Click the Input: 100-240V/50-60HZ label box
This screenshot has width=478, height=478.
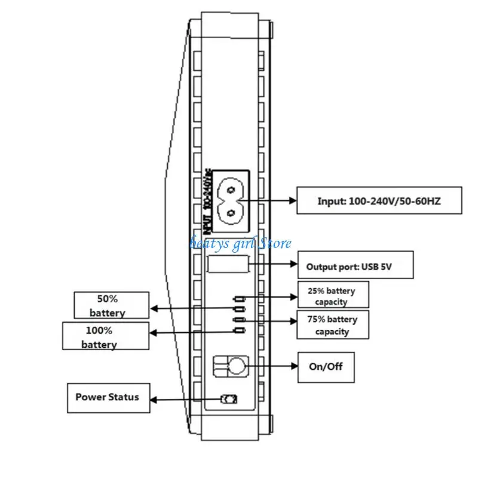[379, 201]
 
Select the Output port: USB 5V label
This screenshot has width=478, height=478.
[356, 265]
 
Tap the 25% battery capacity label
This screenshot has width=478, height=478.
[333, 295]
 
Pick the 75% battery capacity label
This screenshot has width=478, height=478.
[333, 325]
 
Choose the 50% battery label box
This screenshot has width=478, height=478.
[112, 305]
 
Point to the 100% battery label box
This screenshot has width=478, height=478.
[106, 336]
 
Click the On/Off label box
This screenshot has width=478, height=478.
[326, 367]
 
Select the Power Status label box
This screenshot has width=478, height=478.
[109, 398]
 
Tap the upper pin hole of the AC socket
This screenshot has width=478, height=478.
[231, 191]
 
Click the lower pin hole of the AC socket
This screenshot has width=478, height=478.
[231, 213]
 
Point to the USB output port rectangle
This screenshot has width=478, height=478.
[228, 264]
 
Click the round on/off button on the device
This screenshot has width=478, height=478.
[237, 366]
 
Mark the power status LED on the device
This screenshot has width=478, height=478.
[229, 399]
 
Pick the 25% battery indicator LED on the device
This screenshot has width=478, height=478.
[240, 299]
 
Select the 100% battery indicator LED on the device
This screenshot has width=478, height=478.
[240, 330]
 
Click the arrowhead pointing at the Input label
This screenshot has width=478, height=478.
[293, 201]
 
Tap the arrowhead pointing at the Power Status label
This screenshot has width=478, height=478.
[154, 400]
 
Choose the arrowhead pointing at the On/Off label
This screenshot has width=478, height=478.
[294, 366]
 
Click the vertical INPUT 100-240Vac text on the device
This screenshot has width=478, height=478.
[207, 201]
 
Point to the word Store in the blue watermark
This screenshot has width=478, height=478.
[275, 243]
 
